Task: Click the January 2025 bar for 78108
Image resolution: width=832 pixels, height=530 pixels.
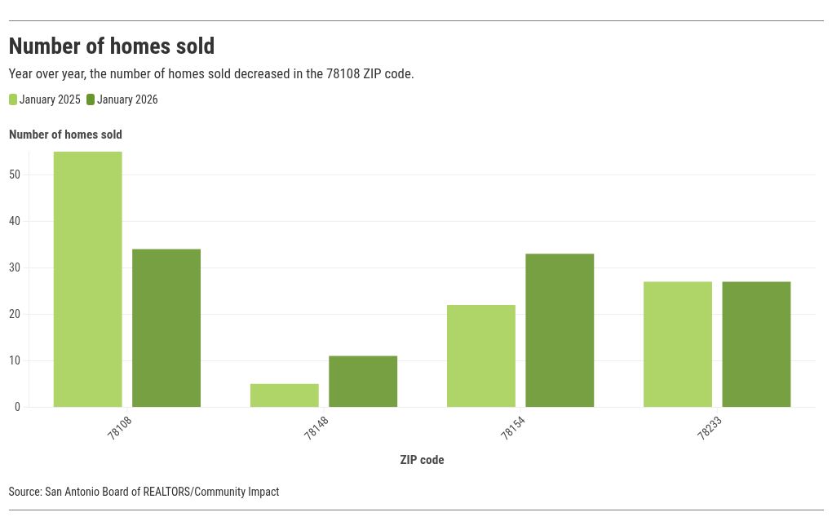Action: click(88, 279)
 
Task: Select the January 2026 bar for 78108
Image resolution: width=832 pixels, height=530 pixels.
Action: click(166, 328)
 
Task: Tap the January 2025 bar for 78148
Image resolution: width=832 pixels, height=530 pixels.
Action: click(285, 395)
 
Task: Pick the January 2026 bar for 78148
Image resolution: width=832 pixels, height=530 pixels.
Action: click(363, 382)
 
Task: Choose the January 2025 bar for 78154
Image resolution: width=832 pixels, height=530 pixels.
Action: click(481, 356)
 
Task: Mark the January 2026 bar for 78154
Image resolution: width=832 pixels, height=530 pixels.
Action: click(560, 330)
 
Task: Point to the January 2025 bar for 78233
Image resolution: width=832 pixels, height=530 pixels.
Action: click(678, 344)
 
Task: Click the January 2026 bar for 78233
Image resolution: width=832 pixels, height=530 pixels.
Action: click(756, 344)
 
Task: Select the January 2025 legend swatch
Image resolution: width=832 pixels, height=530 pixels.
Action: click(13, 100)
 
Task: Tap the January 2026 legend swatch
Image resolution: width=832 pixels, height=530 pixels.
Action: click(91, 100)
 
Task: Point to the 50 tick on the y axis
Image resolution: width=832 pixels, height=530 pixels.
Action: click(15, 174)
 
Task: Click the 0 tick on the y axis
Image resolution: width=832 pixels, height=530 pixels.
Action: click(17, 407)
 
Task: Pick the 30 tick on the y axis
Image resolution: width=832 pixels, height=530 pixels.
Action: click(15, 267)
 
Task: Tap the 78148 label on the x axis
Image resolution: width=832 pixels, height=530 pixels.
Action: click(316, 428)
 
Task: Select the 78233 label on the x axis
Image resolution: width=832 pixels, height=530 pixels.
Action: click(709, 428)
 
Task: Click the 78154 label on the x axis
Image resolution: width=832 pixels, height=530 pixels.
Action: click(512, 428)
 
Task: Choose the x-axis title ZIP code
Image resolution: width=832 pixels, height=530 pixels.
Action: click(422, 460)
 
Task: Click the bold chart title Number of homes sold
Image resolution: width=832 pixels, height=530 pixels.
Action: click(112, 46)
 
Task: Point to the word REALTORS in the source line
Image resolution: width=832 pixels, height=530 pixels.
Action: click(166, 492)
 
